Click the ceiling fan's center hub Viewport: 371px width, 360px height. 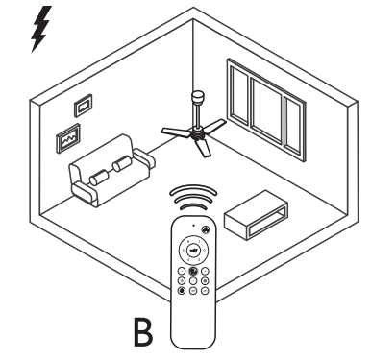click(x=198, y=135)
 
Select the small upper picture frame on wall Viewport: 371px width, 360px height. click(x=84, y=102)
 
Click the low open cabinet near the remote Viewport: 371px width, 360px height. click(x=256, y=216)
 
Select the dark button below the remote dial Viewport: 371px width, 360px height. click(x=193, y=270)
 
